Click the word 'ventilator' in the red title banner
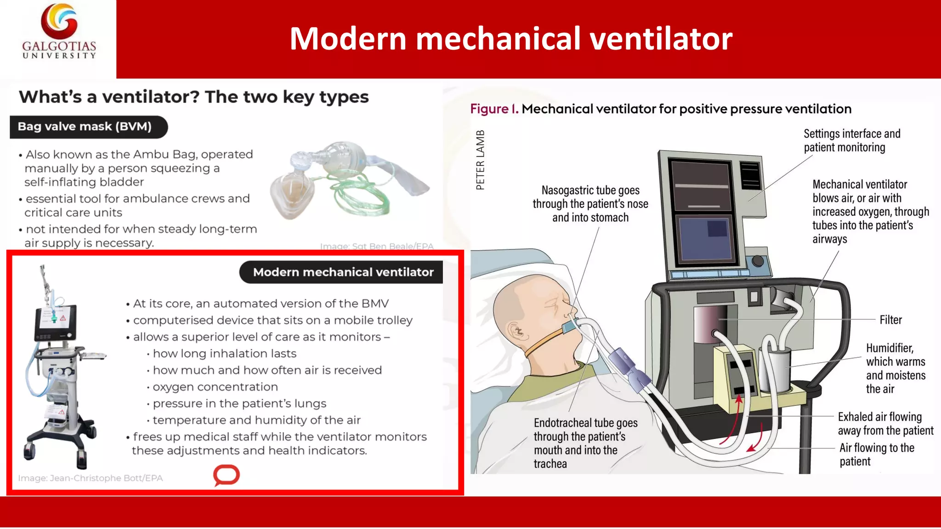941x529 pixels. click(661, 39)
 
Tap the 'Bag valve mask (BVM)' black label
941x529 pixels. click(85, 127)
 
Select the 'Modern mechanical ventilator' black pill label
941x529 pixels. click(343, 272)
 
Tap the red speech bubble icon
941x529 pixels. click(227, 475)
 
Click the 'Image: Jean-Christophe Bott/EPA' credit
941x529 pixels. click(91, 478)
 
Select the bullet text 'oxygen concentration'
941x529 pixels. click(215, 387)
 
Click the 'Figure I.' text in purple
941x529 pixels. click(494, 109)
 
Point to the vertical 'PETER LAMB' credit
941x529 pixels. click(480, 160)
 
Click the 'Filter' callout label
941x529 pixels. click(890, 320)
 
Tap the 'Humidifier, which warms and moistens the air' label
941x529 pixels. click(895, 368)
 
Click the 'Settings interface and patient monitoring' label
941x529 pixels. click(851, 141)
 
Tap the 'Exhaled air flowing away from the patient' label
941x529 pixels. click(885, 423)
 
